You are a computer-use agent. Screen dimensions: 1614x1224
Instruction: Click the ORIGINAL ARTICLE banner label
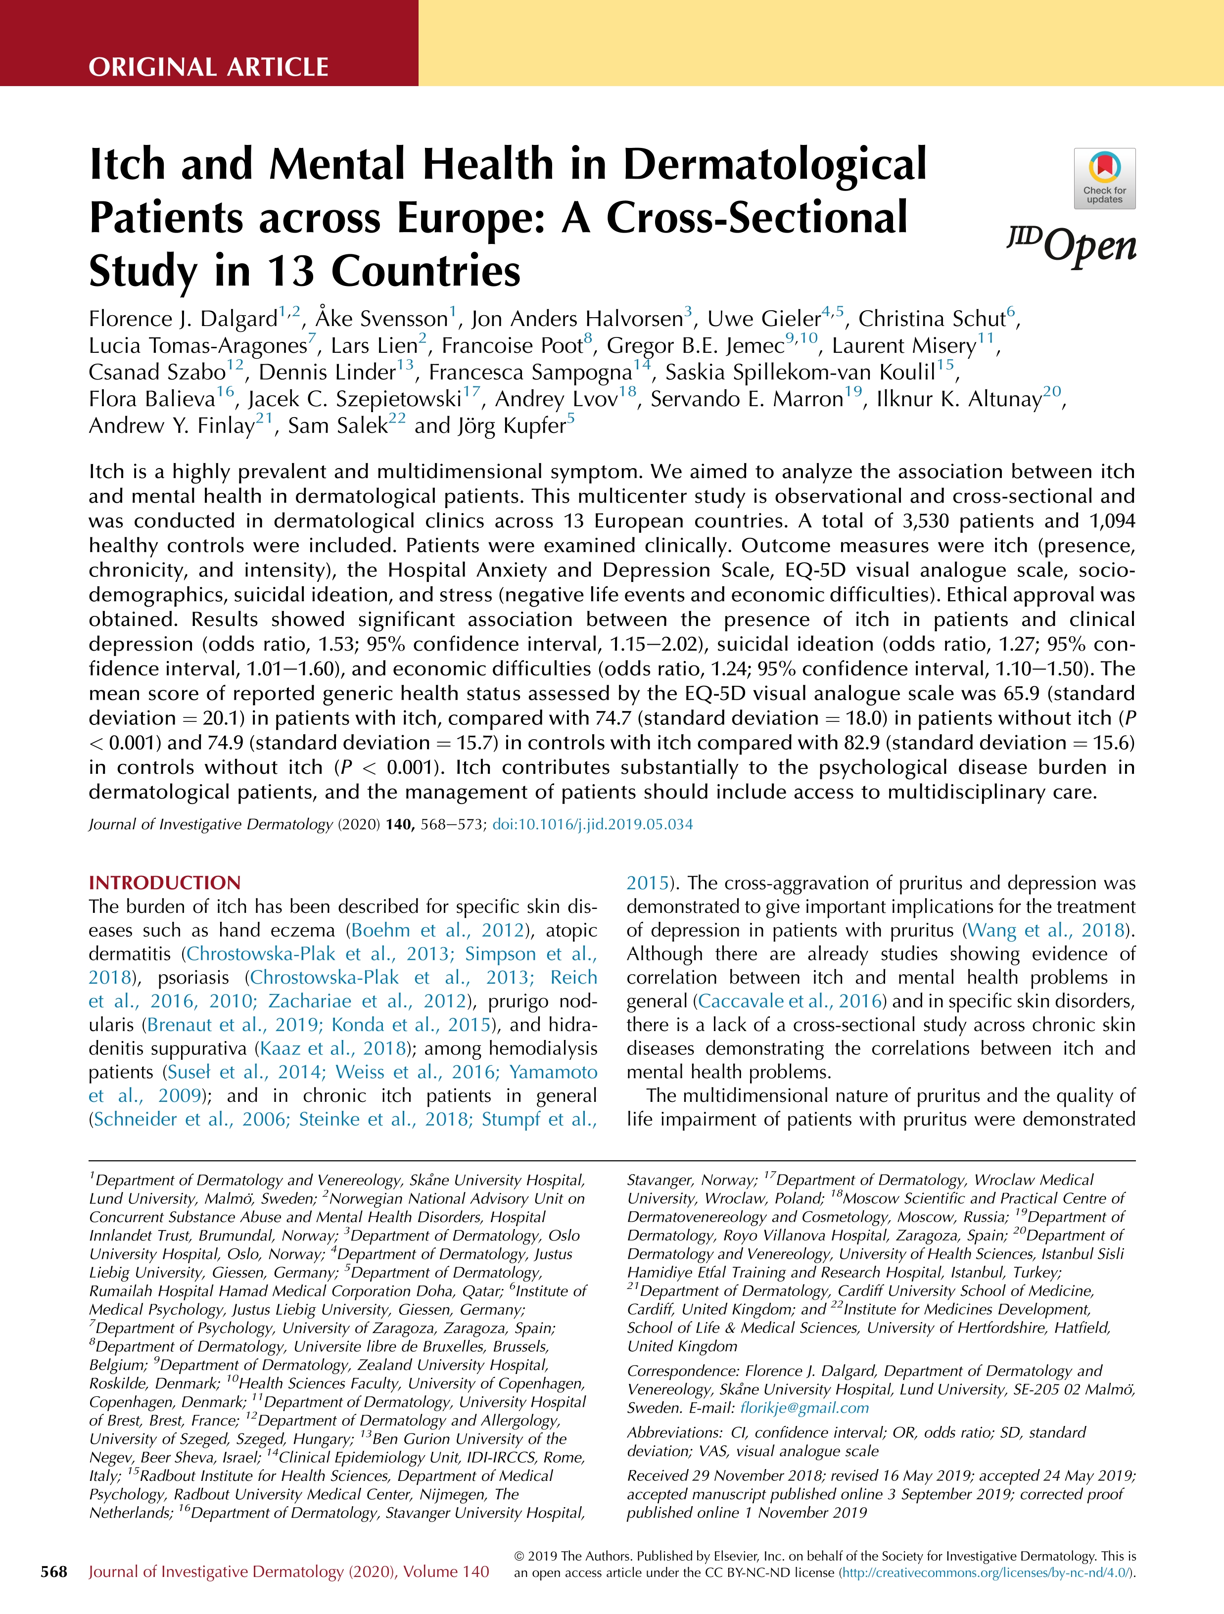click(209, 67)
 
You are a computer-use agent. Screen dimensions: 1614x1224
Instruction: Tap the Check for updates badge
click(1104, 179)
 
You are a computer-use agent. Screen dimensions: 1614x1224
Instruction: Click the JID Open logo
click(1072, 246)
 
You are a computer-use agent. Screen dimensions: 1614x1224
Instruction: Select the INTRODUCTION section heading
click(164, 883)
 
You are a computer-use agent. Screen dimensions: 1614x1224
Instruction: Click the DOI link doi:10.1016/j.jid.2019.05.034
click(592, 824)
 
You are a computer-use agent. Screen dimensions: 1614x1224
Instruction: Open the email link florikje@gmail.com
click(804, 1408)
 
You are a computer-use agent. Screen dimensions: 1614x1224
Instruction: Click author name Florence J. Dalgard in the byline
click(183, 319)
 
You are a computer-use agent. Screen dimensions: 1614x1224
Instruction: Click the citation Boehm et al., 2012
click(438, 930)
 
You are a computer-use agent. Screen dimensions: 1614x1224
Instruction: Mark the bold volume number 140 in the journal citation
click(399, 824)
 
